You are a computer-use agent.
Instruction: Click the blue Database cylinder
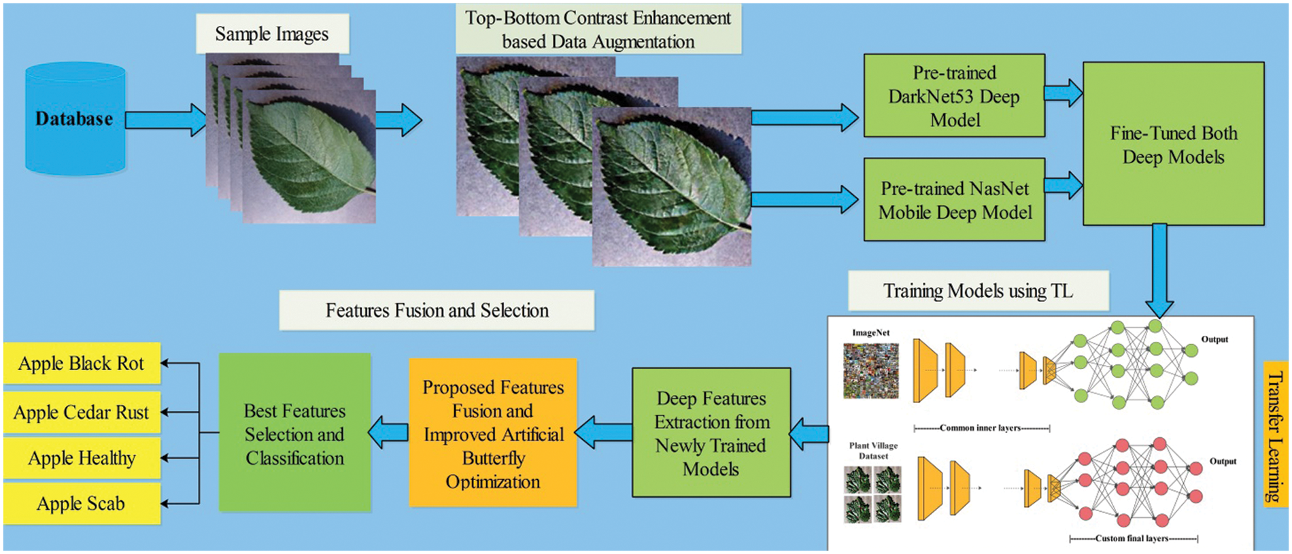pos(75,119)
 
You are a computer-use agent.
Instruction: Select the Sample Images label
pos(272,34)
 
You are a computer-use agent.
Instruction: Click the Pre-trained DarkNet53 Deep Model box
pos(954,96)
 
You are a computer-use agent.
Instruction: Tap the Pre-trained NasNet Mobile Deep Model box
pos(954,200)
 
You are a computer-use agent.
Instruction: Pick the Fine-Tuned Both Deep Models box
pos(1173,144)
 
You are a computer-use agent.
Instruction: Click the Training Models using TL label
pos(978,291)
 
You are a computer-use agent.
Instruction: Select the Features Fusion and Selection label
pos(437,311)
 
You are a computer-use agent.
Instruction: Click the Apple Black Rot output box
pos(82,364)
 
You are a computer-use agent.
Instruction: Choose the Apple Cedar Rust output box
pos(82,413)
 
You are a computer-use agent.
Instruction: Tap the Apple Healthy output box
pos(82,458)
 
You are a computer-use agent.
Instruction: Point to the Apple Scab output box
pos(82,504)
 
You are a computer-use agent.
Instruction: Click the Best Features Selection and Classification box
pos(294,433)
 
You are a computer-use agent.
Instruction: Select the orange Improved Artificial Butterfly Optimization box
pos(493,434)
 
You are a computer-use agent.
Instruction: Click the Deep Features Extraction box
pos(711,433)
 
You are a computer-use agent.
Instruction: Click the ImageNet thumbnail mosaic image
pos(871,370)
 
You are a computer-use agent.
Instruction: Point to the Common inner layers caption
pos(982,428)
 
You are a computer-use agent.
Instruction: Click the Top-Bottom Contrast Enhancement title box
pos(598,30)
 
